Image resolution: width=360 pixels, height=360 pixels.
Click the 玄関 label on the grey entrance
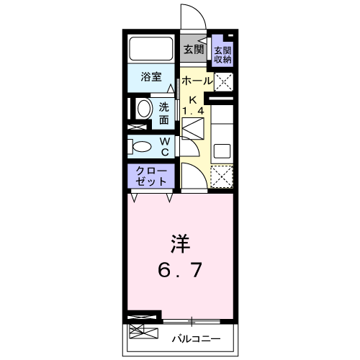(194, 50)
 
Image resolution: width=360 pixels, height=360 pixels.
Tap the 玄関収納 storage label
(222, 55)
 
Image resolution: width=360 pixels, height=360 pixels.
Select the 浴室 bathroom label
(151, 76)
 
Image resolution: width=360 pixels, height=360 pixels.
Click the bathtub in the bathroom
(151, 48)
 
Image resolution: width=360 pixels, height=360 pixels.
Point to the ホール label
(197, 81)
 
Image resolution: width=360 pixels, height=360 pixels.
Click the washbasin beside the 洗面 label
(144, 109)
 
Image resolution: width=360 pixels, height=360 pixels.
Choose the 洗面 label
(164, 114)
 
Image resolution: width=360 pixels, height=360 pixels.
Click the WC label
(165, 147)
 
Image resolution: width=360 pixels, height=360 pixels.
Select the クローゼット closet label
(151, 176)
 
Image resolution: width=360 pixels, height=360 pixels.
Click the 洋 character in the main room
(180, 244)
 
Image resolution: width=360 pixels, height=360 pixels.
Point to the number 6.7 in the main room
(180, 270)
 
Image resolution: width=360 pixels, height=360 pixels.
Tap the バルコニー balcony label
(196, 339)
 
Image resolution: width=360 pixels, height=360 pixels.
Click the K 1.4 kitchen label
(193, 105)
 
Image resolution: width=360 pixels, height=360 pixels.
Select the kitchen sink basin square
(222, 151)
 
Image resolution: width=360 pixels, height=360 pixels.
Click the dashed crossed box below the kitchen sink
(222, 176)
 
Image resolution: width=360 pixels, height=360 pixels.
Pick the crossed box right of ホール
(223, 82)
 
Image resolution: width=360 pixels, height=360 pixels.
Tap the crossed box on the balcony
(143, 331)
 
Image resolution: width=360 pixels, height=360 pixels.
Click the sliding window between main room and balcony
(192, 321)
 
